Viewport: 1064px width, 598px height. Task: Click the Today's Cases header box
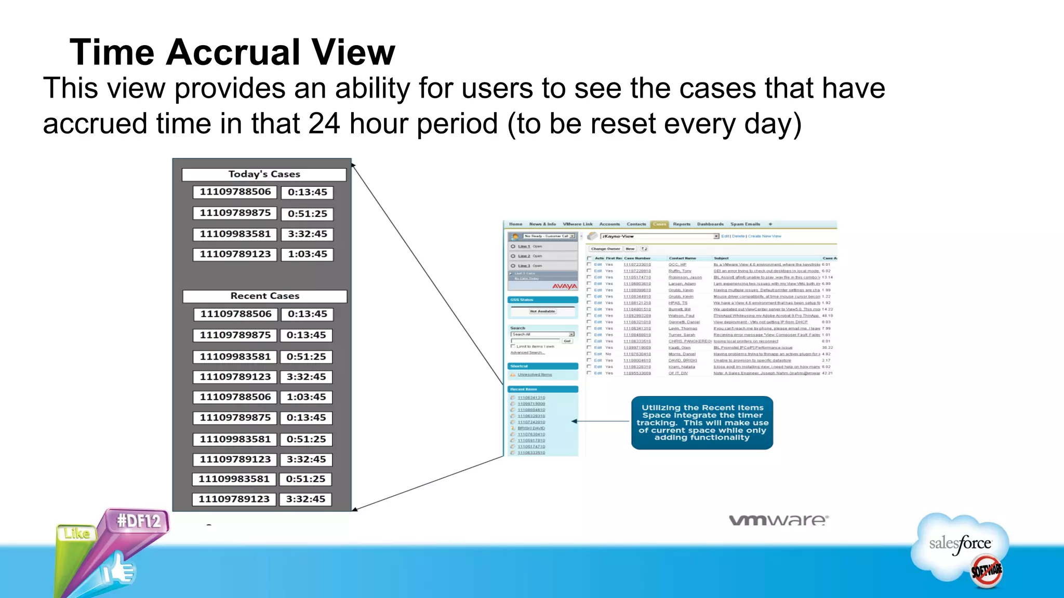coord(264,174)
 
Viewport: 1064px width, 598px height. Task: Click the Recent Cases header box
coord(264,296)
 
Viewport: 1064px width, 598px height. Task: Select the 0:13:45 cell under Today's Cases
coord(307,192)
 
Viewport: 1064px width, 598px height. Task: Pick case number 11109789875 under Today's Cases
coord(235,213)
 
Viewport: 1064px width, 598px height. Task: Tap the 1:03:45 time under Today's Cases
coord(307,254)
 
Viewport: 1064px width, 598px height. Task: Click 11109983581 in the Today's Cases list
coord(235,234)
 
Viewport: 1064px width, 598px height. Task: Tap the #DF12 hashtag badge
coord(138,521)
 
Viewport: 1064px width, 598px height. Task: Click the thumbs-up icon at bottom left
coord(118,570)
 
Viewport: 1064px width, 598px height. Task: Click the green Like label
coord(77,533)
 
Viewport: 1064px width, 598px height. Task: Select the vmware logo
coord(778,520)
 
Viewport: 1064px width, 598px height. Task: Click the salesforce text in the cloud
coord(960,543)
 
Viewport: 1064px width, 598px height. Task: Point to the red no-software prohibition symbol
coord(986,571)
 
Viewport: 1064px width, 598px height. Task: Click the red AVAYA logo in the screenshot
coord(564,286)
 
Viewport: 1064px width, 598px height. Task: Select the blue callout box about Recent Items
coord(702,423)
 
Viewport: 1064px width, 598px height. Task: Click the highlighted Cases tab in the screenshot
coord(659,224)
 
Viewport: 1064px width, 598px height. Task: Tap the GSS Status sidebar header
coord(542,300)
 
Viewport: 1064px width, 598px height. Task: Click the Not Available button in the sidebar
coord(542,311)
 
